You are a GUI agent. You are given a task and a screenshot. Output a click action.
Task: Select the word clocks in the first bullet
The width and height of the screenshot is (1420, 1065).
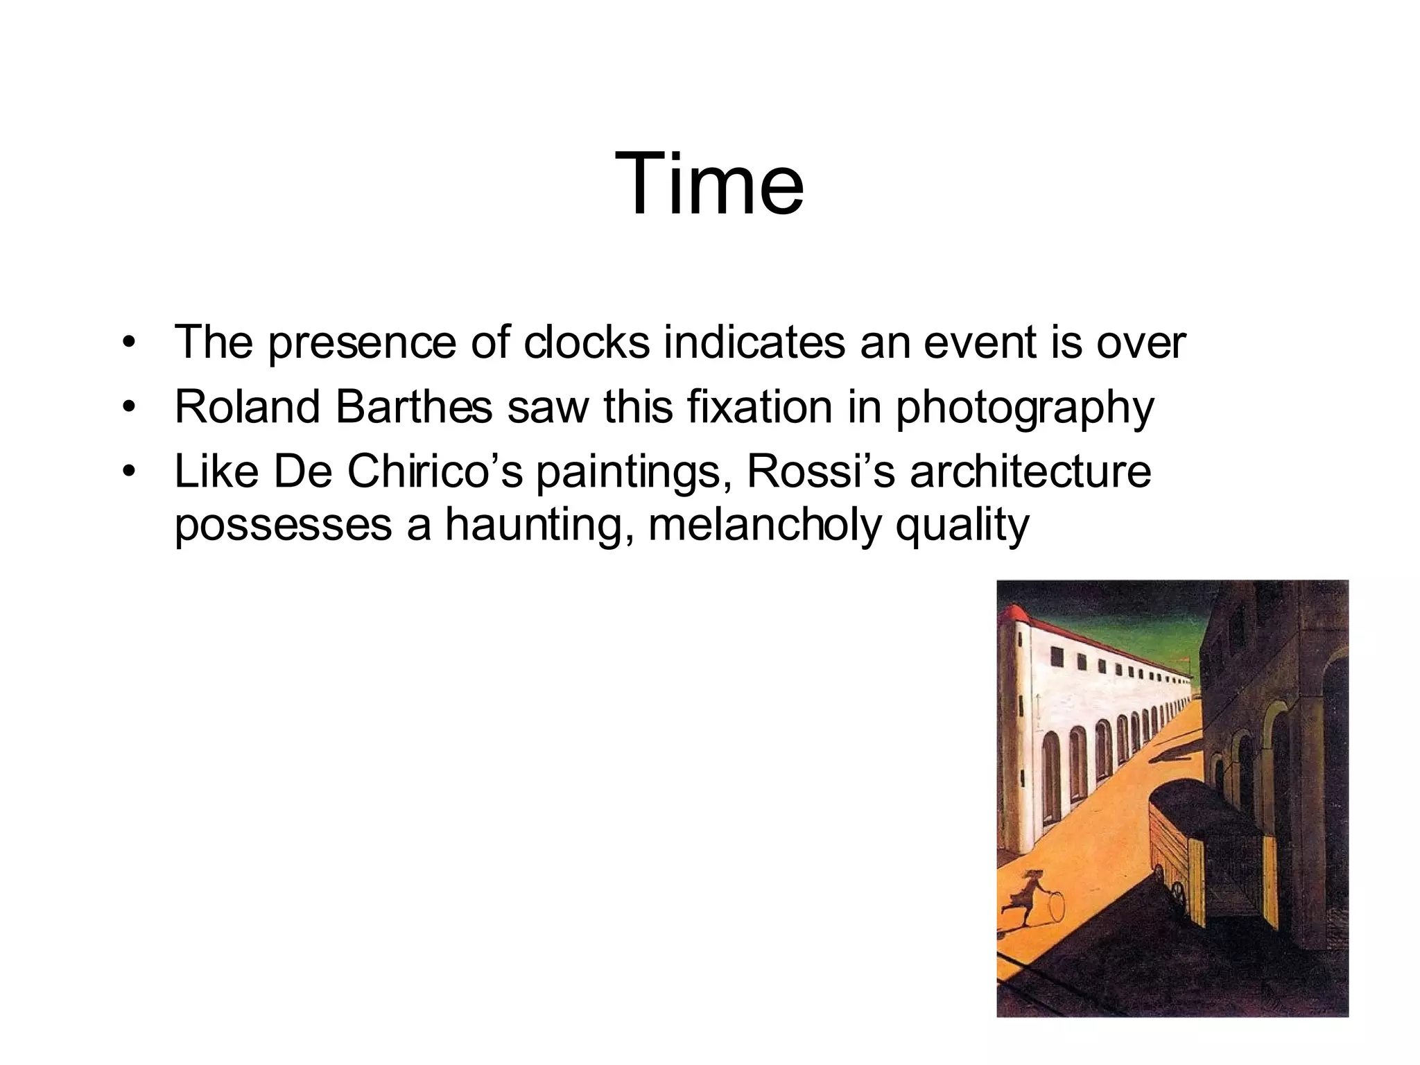click(587, 342)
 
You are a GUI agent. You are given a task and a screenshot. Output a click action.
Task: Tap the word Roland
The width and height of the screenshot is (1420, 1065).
click(247, 407)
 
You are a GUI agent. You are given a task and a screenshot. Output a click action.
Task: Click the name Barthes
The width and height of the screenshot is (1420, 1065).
click(414, 407)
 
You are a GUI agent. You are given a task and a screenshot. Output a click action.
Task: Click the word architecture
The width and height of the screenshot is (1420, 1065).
click(1030, 471)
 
